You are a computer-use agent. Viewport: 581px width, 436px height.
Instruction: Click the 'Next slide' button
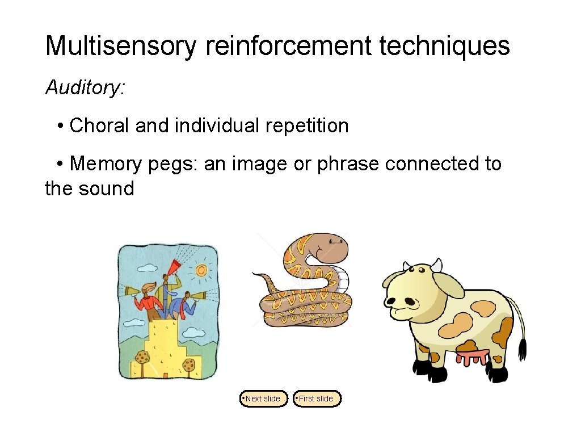(263, 399)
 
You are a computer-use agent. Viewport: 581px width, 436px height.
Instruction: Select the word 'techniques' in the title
(445, 46)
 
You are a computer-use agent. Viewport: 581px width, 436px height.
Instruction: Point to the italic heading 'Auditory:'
(85, 87)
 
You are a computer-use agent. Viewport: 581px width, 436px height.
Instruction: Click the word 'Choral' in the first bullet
(99, 125)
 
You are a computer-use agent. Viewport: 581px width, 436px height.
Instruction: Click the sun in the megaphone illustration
(201, 271)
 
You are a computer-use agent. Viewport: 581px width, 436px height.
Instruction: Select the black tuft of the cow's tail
(523, 349)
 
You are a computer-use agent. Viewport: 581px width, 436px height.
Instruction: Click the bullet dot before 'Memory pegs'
(60, 164)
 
